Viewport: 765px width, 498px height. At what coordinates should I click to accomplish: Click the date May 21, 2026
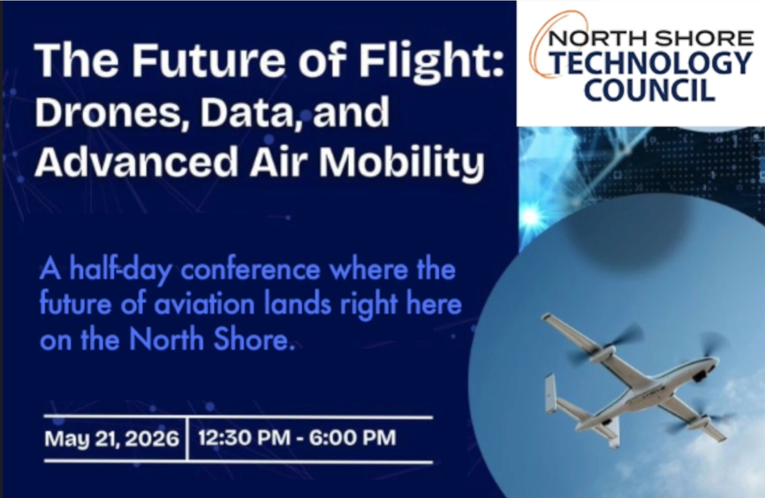tap(111, 438)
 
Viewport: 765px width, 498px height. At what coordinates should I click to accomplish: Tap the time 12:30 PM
tap(244, 438)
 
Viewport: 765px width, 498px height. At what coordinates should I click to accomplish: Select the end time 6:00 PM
tap(352, 438)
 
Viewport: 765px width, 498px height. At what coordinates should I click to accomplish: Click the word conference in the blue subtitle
tap(250, 270)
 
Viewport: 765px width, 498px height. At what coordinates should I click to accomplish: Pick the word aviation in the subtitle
tap(204, 304)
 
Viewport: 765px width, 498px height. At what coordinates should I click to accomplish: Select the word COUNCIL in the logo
tap(650, 90)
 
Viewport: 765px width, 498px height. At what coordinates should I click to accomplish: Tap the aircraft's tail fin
tap(550, 393)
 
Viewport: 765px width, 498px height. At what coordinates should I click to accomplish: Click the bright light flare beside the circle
tap(530, 216)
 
